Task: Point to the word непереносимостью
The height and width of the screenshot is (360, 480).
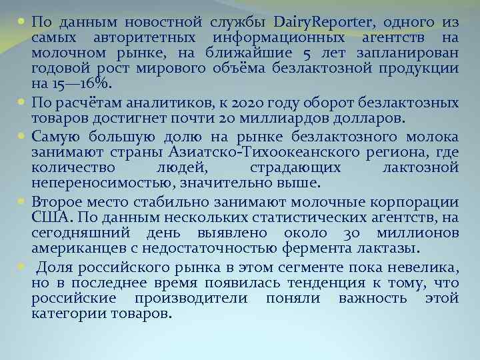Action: pos(93,183)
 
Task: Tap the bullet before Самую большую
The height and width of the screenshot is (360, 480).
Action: pos(21,136)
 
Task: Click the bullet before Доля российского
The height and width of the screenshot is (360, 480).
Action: pos(21,266)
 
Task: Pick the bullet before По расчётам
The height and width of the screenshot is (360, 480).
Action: pos(21,102)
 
